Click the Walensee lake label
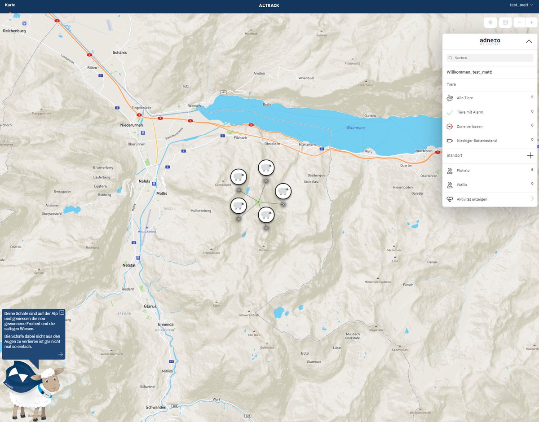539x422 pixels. click(355, 128)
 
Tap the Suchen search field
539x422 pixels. click(490, 58)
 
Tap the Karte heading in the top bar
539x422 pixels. click(10, 5)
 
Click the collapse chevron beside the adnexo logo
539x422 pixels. click(529, 41)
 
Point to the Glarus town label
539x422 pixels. click(150, 306)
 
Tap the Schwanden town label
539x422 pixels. click(156, 407)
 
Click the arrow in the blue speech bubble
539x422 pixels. click(61, 354)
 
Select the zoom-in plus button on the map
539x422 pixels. click(531, 22)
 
